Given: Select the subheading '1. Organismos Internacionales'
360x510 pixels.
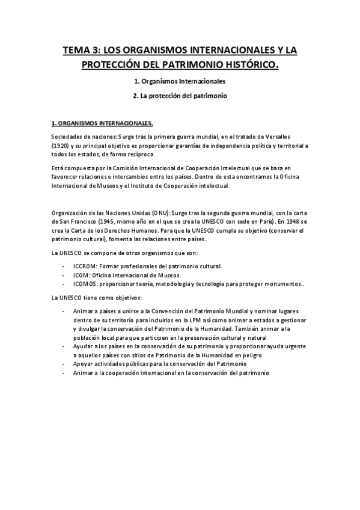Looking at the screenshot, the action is (x=180, y=81).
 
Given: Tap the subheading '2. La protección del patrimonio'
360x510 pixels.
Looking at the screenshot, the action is (x=180, y=96).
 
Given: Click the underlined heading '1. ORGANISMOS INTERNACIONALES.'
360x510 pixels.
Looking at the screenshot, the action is (x=102, y=124).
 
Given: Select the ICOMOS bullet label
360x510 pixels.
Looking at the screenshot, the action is (x=85, y=284).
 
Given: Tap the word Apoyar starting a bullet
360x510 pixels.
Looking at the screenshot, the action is (x=83, y=364).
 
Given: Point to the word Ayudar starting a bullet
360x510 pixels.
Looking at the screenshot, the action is (x=83, y=347).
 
